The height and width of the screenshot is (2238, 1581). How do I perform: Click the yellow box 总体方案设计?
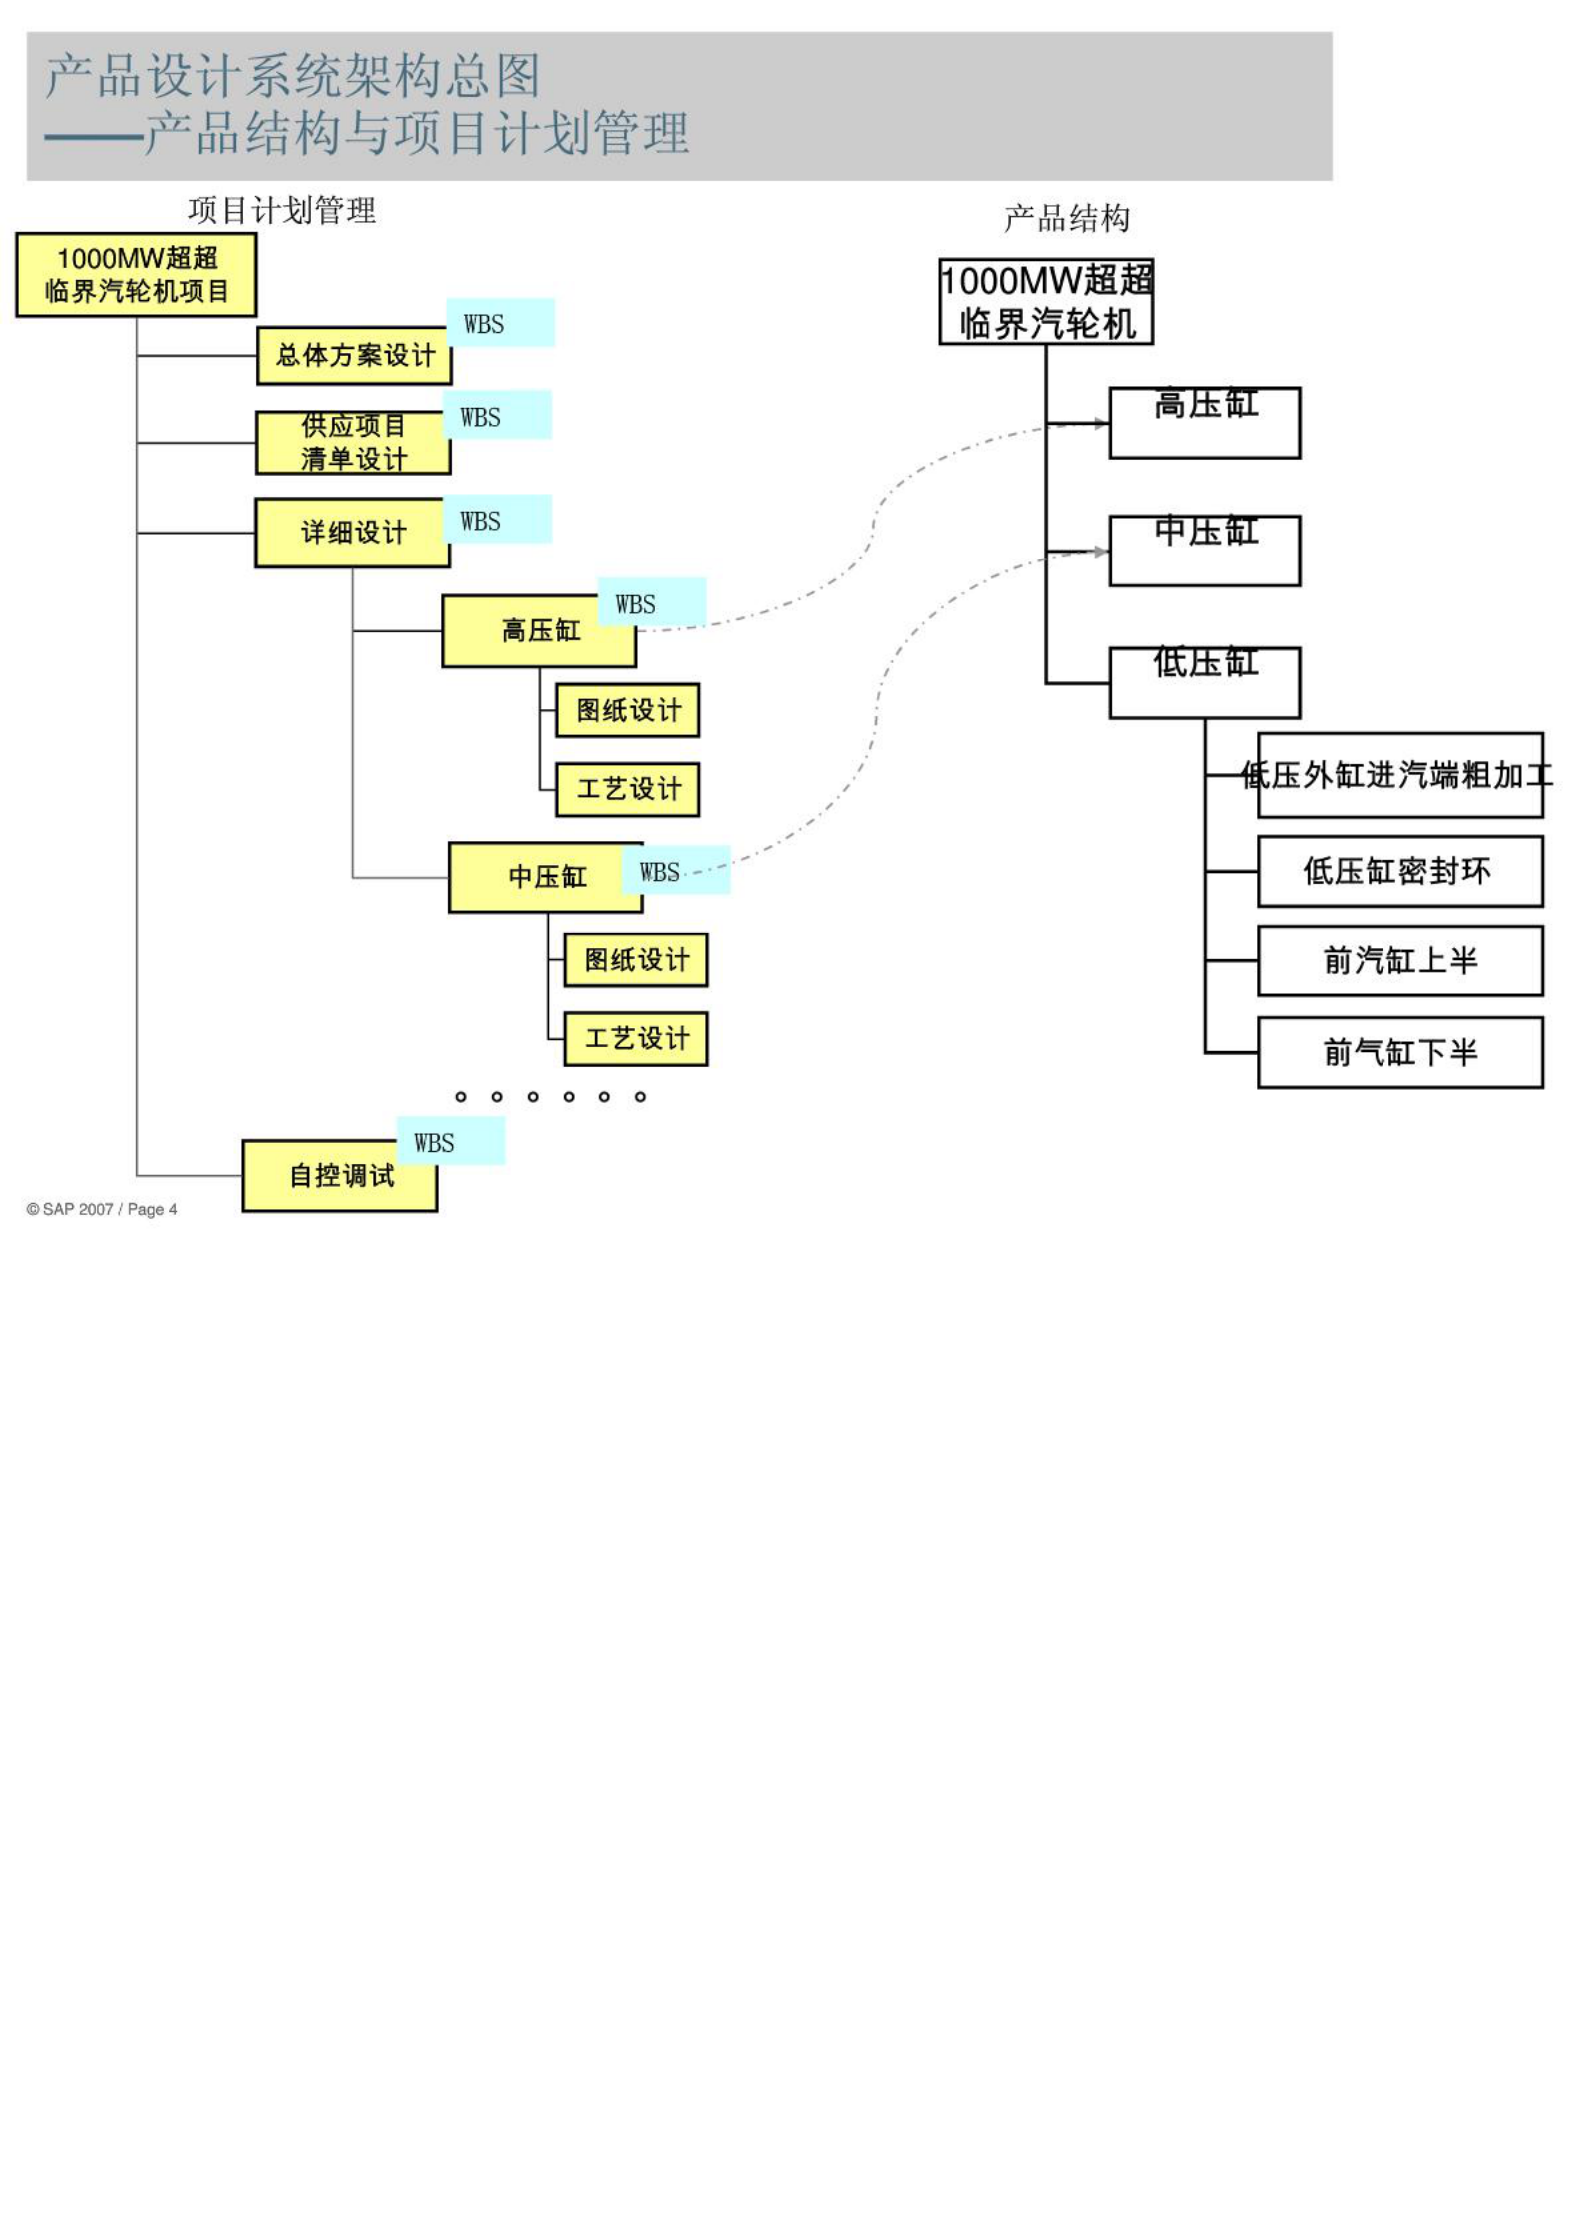pos(354,356)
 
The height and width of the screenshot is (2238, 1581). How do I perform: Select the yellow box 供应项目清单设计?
pos(353,443)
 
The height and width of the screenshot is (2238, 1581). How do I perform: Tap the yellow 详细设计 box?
pos(353,533)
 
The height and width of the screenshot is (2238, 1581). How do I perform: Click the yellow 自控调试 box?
pos(340,1176)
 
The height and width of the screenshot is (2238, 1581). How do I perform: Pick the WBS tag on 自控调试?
pos(452,1142)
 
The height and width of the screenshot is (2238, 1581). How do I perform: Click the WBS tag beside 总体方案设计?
pos(500,323)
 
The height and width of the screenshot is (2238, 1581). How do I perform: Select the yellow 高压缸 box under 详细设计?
pos(539,631)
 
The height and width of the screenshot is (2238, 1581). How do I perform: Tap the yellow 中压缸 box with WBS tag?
pos(545,877)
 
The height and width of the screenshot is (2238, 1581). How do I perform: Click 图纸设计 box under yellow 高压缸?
pos(627,710)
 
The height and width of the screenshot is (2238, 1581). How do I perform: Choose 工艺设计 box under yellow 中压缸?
pos(635,1039)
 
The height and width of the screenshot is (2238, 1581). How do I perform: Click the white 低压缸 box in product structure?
pos(1204,682)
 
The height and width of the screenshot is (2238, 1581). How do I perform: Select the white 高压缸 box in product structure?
pos(1204,423)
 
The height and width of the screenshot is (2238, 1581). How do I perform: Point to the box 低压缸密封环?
pos(1399,871)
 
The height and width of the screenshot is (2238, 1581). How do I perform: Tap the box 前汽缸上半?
pos(1399,960)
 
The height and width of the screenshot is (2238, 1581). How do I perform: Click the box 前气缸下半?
pos(1399,1052)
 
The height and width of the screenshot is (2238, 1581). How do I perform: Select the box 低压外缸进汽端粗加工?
pos(1399,775)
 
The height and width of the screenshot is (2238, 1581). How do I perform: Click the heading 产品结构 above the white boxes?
pos(1066,218)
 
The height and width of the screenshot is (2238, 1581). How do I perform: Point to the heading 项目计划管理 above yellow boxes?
pos(281,210)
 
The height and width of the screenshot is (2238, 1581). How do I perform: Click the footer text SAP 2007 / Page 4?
pos(102,1209)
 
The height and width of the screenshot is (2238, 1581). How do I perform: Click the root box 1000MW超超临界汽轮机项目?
pos(136,275)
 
